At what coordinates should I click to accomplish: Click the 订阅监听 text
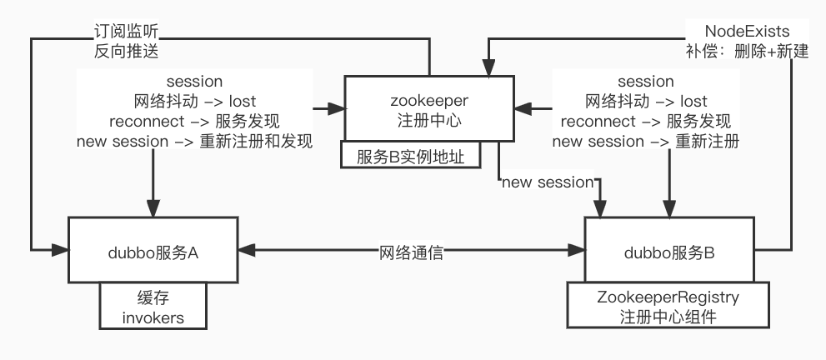126,32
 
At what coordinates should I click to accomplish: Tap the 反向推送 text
126,51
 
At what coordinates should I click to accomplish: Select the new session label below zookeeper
546,181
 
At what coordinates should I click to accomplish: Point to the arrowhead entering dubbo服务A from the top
153,210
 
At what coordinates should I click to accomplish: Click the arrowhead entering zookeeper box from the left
338,108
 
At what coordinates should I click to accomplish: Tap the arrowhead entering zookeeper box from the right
521,108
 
